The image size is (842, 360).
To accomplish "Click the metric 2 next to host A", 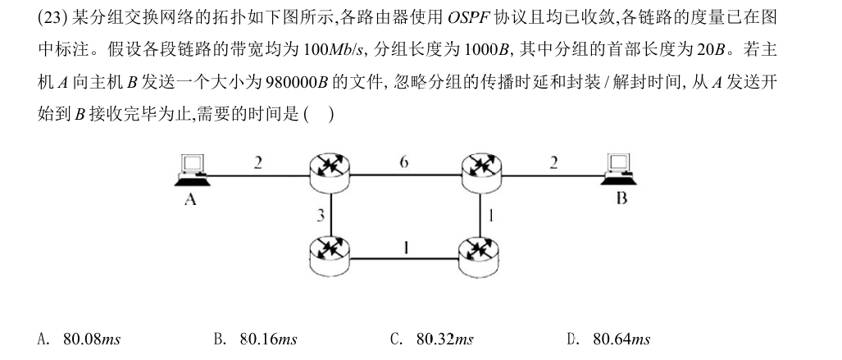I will click(257, 162).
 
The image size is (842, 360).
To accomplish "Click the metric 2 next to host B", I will click(553, 162).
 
